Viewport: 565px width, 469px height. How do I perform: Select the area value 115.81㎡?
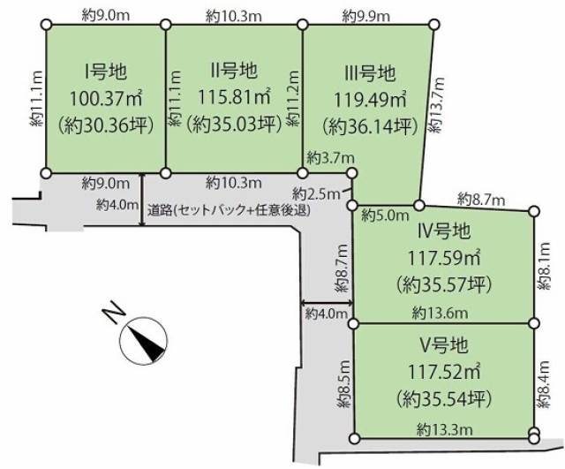(x=233, y=95)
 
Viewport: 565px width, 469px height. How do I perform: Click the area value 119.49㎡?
(x=370, y=97)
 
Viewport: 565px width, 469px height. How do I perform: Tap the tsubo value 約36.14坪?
(x=370, y=125)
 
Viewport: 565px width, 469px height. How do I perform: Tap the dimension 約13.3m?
(x=443, y=428)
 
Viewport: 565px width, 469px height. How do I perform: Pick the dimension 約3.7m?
(x=325, y=157)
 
